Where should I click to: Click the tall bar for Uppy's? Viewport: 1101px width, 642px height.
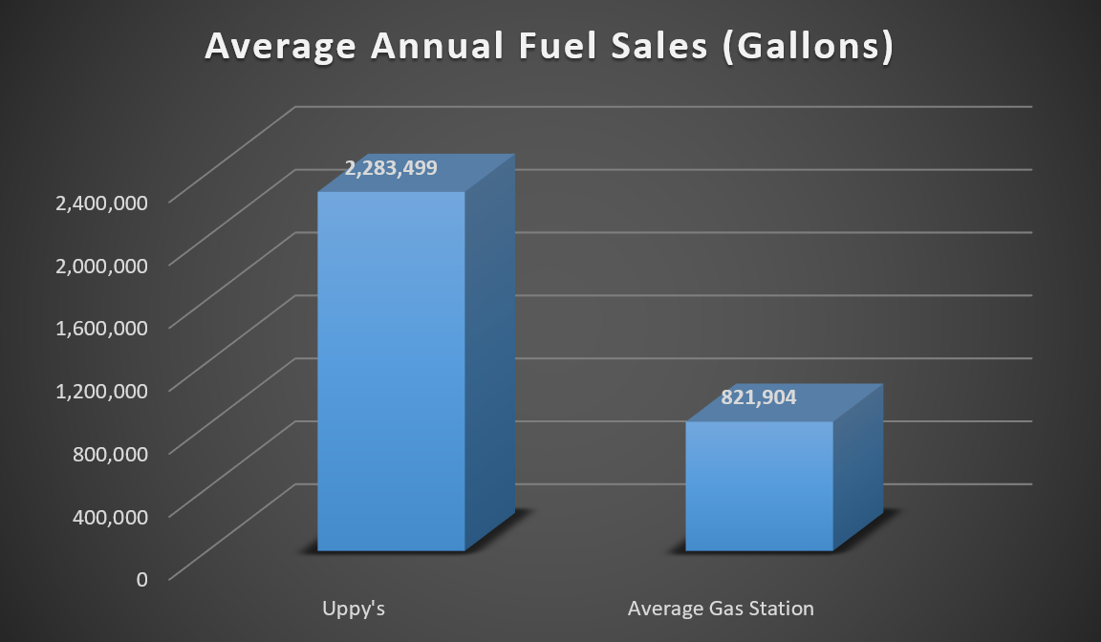tap(391, 373)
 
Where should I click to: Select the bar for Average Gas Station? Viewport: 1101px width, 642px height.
tap(759, 486)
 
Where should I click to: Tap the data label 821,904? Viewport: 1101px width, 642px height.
tap(759, 398)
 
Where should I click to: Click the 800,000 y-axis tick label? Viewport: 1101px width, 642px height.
tap(110, 452)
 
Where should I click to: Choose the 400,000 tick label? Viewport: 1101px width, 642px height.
tap(110, 515)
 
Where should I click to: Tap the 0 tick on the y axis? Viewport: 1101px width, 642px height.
tap(142, 578)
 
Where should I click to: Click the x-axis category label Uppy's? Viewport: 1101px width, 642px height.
tap(353, 609)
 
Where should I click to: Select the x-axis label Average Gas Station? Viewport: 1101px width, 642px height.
tap(721, 609)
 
